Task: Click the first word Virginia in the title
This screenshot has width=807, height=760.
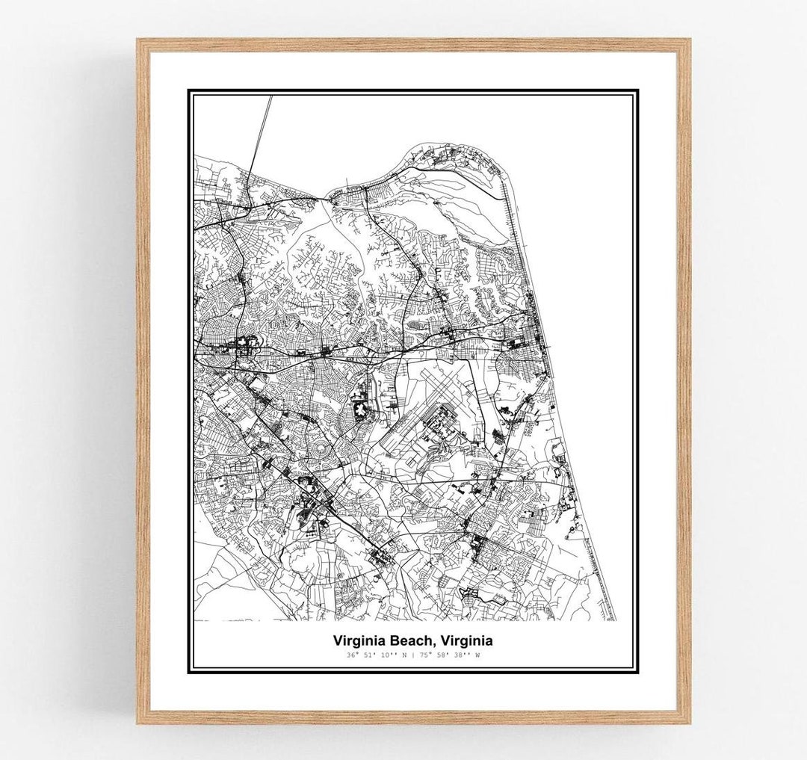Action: pyautogui.click(x=358, y=640)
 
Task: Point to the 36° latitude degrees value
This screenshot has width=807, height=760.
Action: pyautogui.click(x=352, y=655)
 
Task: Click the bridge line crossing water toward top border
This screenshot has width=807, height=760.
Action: pyautogui.click(x=261, y=131)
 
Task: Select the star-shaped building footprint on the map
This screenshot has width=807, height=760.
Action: pyautogui.click(x=361, y=409)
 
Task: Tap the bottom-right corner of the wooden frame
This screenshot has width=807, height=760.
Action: pyautogui.click(x=688, y=722)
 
